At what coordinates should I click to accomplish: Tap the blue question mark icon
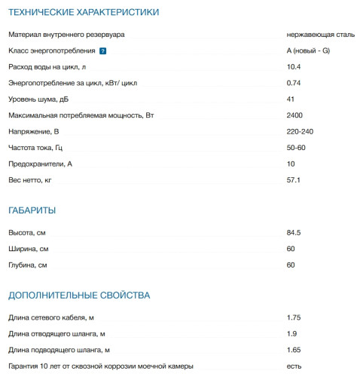[x=102, y=51]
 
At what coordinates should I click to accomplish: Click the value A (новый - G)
[x=308, y=51]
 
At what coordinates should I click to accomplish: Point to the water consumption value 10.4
[x=294, y=67]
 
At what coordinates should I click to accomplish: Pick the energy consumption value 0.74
[x=294, y=83]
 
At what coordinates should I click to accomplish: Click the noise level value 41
[x=291, y=100]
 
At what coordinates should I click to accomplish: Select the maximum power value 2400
[x=294, y=115]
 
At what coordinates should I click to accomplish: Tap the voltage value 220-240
[x=300, y=132]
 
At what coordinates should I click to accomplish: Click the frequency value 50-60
[x=296, y=148]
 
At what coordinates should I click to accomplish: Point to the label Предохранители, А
[x=40, y=164]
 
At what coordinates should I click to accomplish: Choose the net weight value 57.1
[x=294, y=180]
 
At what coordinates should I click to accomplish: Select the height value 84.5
[x=294, y=232]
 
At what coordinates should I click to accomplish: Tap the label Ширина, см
[x=29, y=249]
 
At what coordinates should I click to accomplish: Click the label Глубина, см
[x=29, y=265]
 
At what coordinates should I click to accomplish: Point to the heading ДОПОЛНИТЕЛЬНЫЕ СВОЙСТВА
[x=79, y=295]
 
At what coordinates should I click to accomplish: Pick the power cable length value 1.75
[x=294, y=317]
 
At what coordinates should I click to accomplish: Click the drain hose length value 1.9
[x=291, y=333]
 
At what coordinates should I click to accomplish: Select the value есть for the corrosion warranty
[x=294, y=366]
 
